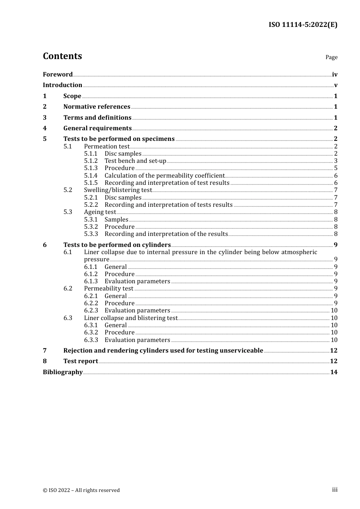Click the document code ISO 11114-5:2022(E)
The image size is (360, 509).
(303, 25)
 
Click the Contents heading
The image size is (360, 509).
(62, 56)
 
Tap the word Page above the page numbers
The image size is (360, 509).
(331, 57)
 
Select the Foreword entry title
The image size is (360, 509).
(58, 75)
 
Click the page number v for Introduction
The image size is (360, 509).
(335, 85)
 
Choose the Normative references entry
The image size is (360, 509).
(97, 107)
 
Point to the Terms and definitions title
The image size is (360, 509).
(97, 118)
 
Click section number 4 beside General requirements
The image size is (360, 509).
(45, 128)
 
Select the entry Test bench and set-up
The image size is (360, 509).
(135, 161)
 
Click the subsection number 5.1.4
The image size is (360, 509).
(91, 176)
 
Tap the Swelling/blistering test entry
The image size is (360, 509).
(118, 190)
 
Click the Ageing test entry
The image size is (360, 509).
(100, 212)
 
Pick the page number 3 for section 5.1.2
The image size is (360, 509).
(336, 161)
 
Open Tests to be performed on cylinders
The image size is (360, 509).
(117, 245)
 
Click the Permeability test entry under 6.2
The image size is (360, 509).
(109, 289)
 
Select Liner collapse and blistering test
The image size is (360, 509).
(131, 318)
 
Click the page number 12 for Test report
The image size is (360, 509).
(333, 361)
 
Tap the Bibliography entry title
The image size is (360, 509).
(63, 372)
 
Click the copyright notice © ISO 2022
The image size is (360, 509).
(81, 490)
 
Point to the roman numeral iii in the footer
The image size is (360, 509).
(335, 490)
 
